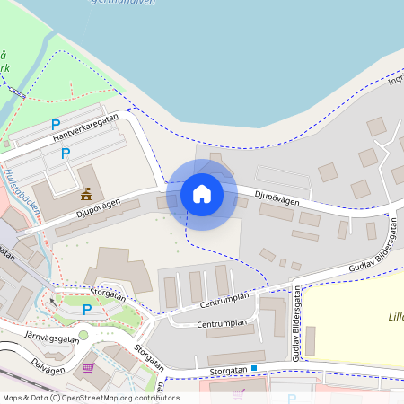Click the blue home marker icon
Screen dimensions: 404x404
click(202, 194)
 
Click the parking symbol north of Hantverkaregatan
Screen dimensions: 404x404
click(56, 124)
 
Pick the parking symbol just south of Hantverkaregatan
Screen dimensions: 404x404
click(65, 154)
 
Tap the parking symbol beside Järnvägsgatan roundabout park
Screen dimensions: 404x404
click(87, 310)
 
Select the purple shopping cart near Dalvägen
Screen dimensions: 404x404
click(88, 367)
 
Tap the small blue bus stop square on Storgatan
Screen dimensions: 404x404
click(254, 368)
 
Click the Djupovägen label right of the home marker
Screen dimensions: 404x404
click(275, 193)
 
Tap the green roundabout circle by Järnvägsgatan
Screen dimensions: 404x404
click(83, 335)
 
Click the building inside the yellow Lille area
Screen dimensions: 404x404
click(311, 340)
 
